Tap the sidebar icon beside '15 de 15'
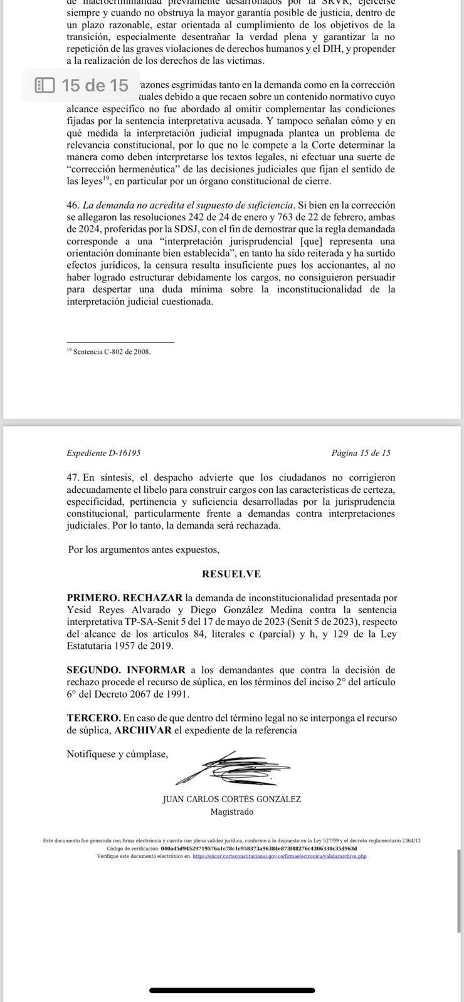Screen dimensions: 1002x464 click(x=45, y=85)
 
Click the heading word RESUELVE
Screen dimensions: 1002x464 click(x=231, y=574)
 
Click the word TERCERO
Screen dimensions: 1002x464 click(x=93, y=718)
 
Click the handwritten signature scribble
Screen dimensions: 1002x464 click(x=232, y=768)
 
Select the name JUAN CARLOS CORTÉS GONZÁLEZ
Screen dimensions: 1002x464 click(x=231, y=800)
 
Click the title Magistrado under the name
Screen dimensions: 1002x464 click(x=232, y=812)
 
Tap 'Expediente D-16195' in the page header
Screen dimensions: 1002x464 click(x=103, y=453)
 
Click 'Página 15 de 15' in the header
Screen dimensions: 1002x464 click(x=361, y=453)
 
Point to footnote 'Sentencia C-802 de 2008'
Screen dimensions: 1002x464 click(x=112, y=352)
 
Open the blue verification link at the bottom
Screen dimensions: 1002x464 click(x=280, y=856)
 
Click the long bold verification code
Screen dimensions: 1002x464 click(x=259, y=849)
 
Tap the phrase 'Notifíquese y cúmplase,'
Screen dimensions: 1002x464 click(x=117, y=754)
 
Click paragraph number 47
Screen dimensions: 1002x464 click(x=73, y=477)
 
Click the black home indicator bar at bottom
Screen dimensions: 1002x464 click(x=232, y=991)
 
